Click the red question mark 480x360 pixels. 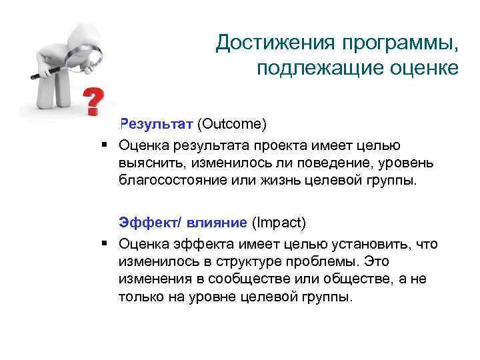tap(94, 99)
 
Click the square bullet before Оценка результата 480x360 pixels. tap(105, 144)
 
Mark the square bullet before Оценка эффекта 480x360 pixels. tap(105, 244)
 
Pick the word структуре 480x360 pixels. tap(237, 262)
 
